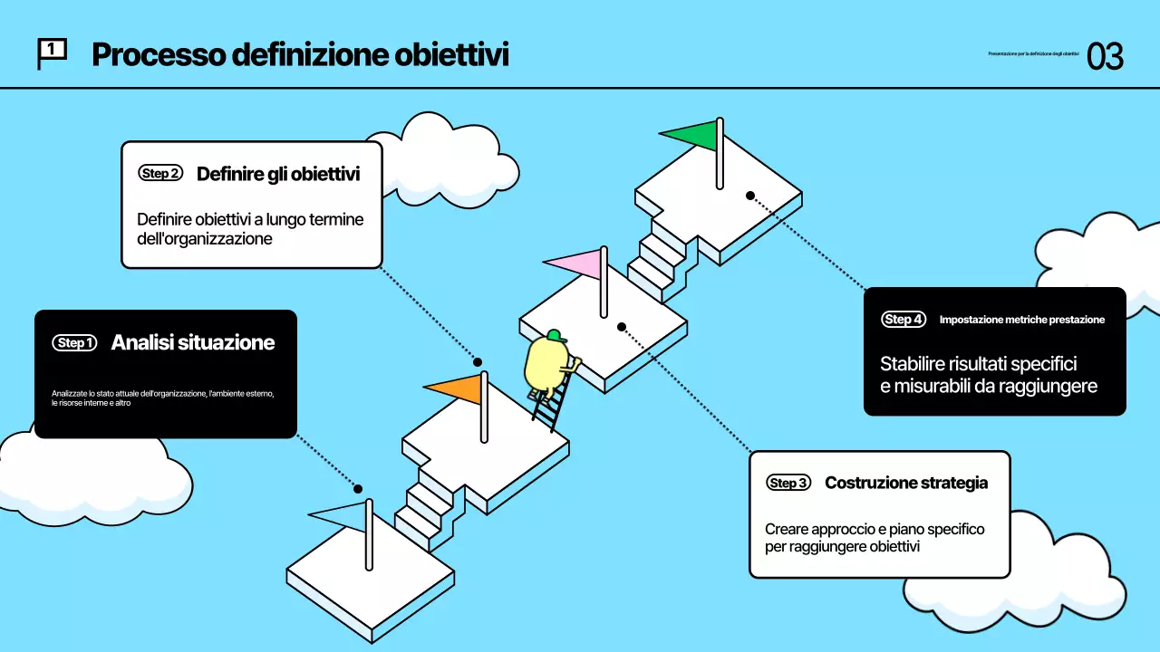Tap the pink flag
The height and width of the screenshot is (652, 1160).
click(577, 264)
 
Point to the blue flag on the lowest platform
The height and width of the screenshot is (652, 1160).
click(343, 514)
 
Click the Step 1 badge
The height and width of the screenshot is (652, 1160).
click(74, 343)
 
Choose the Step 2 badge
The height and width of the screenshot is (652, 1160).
click(160, 173)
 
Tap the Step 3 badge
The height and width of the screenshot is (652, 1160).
click(788, 483)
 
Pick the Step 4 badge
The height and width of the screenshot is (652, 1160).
click(904, 320)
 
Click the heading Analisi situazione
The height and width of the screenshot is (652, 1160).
click(192, 342)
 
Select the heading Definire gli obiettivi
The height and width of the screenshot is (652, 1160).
click(278, 173)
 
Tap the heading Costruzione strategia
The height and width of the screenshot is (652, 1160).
click(905, 483)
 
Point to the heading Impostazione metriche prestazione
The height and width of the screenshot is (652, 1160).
click(1021, 320)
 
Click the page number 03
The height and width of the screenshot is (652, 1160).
click(1105, 56)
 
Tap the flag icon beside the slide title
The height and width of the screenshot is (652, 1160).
click(52, 53)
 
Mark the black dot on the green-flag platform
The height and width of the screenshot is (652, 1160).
click(750, 195)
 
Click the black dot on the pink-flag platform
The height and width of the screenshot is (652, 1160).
click(622, 326)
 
